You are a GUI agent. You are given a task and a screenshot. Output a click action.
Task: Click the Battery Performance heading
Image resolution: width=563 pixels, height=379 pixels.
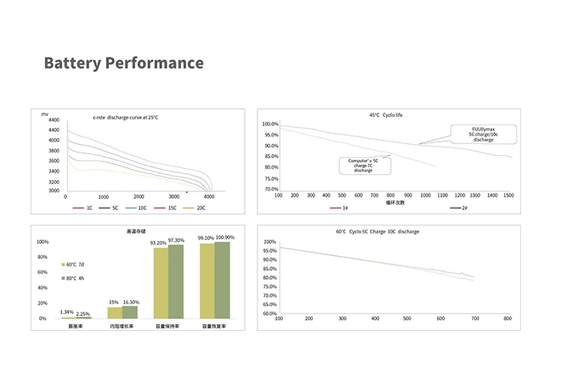point(123,62)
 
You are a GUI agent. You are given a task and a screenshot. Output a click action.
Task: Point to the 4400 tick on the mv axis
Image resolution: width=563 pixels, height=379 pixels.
point(53,120)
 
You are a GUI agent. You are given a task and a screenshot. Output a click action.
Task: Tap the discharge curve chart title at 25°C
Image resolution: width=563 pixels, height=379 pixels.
point(125,118)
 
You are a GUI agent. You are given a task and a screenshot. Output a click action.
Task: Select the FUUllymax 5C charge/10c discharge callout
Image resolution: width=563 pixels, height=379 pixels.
point(483,134)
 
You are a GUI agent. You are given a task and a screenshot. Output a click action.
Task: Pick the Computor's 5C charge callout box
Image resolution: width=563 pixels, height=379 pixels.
point(363,165)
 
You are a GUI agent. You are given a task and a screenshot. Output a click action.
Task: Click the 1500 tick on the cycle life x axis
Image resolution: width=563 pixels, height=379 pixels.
point(508,195)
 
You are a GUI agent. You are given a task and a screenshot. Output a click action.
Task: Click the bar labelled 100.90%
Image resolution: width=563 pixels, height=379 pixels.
point(222,279)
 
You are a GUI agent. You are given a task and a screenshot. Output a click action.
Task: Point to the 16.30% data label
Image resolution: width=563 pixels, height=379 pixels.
point(131,302)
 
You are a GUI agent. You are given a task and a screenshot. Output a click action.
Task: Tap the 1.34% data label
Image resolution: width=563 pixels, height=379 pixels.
point(67,312)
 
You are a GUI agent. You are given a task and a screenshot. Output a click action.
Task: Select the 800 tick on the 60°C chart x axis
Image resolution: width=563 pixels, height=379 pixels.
point(507,319)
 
